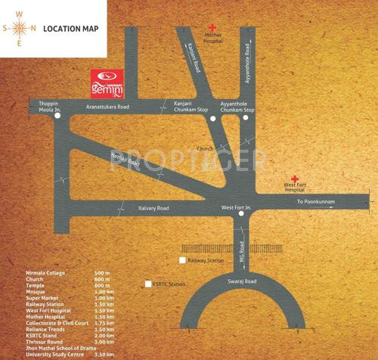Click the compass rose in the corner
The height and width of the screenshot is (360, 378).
20,29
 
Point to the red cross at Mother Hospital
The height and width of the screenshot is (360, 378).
213,28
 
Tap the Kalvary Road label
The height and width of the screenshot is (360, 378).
153,207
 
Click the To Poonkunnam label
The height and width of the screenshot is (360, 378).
314,202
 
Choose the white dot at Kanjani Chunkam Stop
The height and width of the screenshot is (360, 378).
214,119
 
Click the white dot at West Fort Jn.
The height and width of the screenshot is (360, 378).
241,214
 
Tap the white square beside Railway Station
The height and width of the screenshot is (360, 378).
181,260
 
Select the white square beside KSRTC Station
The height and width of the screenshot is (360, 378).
148,284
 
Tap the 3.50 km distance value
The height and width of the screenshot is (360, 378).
105,353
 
